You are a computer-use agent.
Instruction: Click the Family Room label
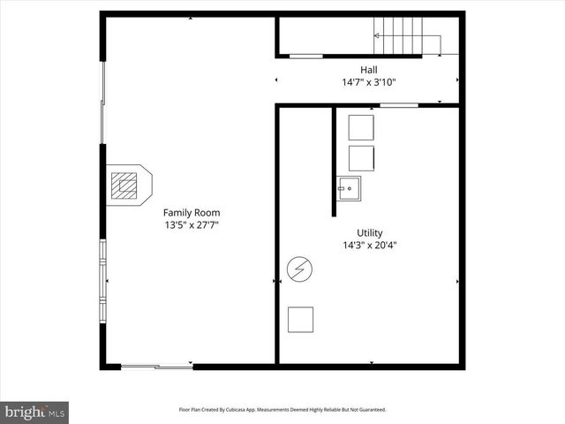pyautogui.click(x=192, y=213)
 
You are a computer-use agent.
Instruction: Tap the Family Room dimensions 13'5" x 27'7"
pyautogui.click(x=192, y=225)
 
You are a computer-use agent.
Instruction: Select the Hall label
pyautogui.click(x=368, y=70)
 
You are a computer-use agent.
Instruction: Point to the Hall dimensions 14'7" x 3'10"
pyautogui.click(x=368, y=82)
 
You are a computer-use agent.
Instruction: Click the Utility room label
pyautogui.click(x=369, y=233)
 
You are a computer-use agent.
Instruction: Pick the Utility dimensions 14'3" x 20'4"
pyautogui.click(x=369, y=246)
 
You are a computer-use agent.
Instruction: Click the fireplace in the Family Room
pyautogui.click(x=126, y=185)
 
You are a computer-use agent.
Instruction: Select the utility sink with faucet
pyautogui.click(x=349, y=187)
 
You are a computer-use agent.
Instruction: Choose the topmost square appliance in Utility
pyautogui.click(x=361, y=127)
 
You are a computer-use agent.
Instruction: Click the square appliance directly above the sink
pyautogui.click(x=361, y=158)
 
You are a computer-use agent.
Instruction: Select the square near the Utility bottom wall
pyautogui.click(x=301, y=319)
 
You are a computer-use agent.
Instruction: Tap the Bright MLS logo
pyautogui.click(x=34, y=412)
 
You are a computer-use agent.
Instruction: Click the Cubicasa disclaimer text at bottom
pyautogui.click(x=282, y=410)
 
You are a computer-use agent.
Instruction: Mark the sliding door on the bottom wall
pyautogui.click(x=156, y=365)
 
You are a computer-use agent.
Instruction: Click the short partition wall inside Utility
pyautogui.click(x=335, y=161)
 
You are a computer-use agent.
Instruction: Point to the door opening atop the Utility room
pyautogui.click(x=399, y=105)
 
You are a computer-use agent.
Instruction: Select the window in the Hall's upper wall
pyautogui.click(x=305, y=57)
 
